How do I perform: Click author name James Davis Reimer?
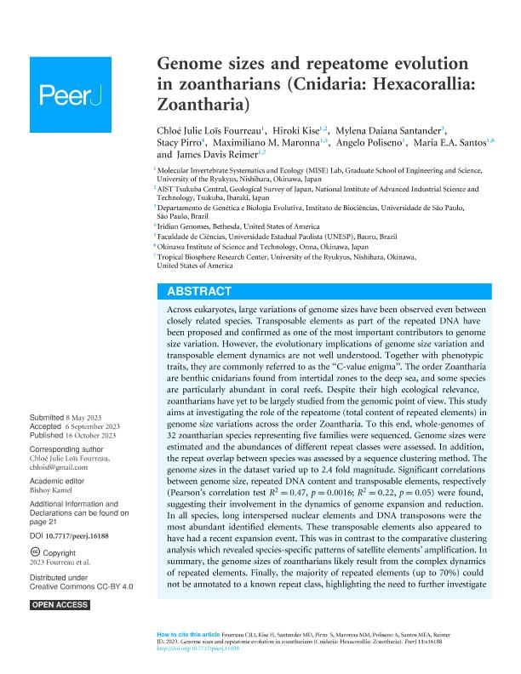(209, 156)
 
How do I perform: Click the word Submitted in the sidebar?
(50, 418)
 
